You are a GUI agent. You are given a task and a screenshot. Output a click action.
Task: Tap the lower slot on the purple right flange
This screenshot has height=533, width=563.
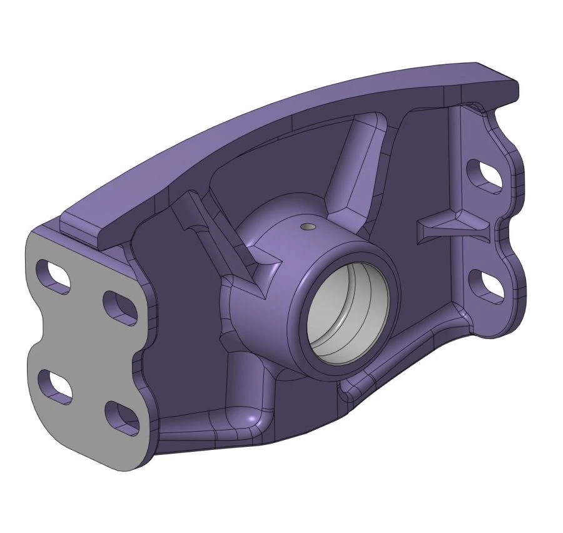pos(486,284)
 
